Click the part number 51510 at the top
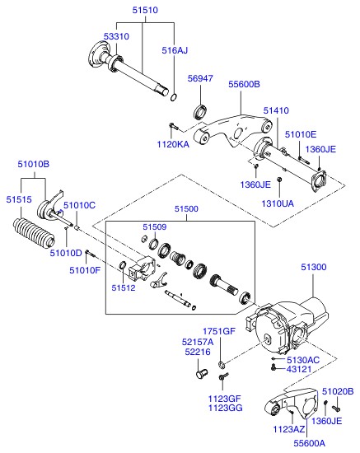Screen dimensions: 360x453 (x=145, y=10)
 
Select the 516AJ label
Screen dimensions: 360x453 (x=175, y=50)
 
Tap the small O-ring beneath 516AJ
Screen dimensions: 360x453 (x=174, y=97)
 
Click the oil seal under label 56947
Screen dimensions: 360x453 (x=200, y=112)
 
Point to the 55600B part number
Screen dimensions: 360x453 (x=244, y=84)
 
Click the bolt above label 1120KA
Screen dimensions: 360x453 (x=174, y=126)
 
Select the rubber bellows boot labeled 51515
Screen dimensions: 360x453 (x=34, y=233)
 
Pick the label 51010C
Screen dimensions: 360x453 (x=79, y=205)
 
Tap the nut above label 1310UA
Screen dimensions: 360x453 (x=279, y=180)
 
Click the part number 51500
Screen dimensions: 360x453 (x=186, y=209)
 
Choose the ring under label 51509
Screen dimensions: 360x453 (x=154, y=244)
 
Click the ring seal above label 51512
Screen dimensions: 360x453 (x=123, y=264)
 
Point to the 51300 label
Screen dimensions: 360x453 (x=314, y=267)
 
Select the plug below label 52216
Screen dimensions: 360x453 (x=202, y=373)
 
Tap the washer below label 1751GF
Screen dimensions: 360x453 (x=222, y=365)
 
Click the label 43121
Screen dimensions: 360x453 (x=299, y=369)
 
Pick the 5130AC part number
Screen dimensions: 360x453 (x=303, y=360)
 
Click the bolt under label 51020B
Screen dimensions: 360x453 (x=336, y=409)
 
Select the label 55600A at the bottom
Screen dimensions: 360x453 (x=310, y=443)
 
